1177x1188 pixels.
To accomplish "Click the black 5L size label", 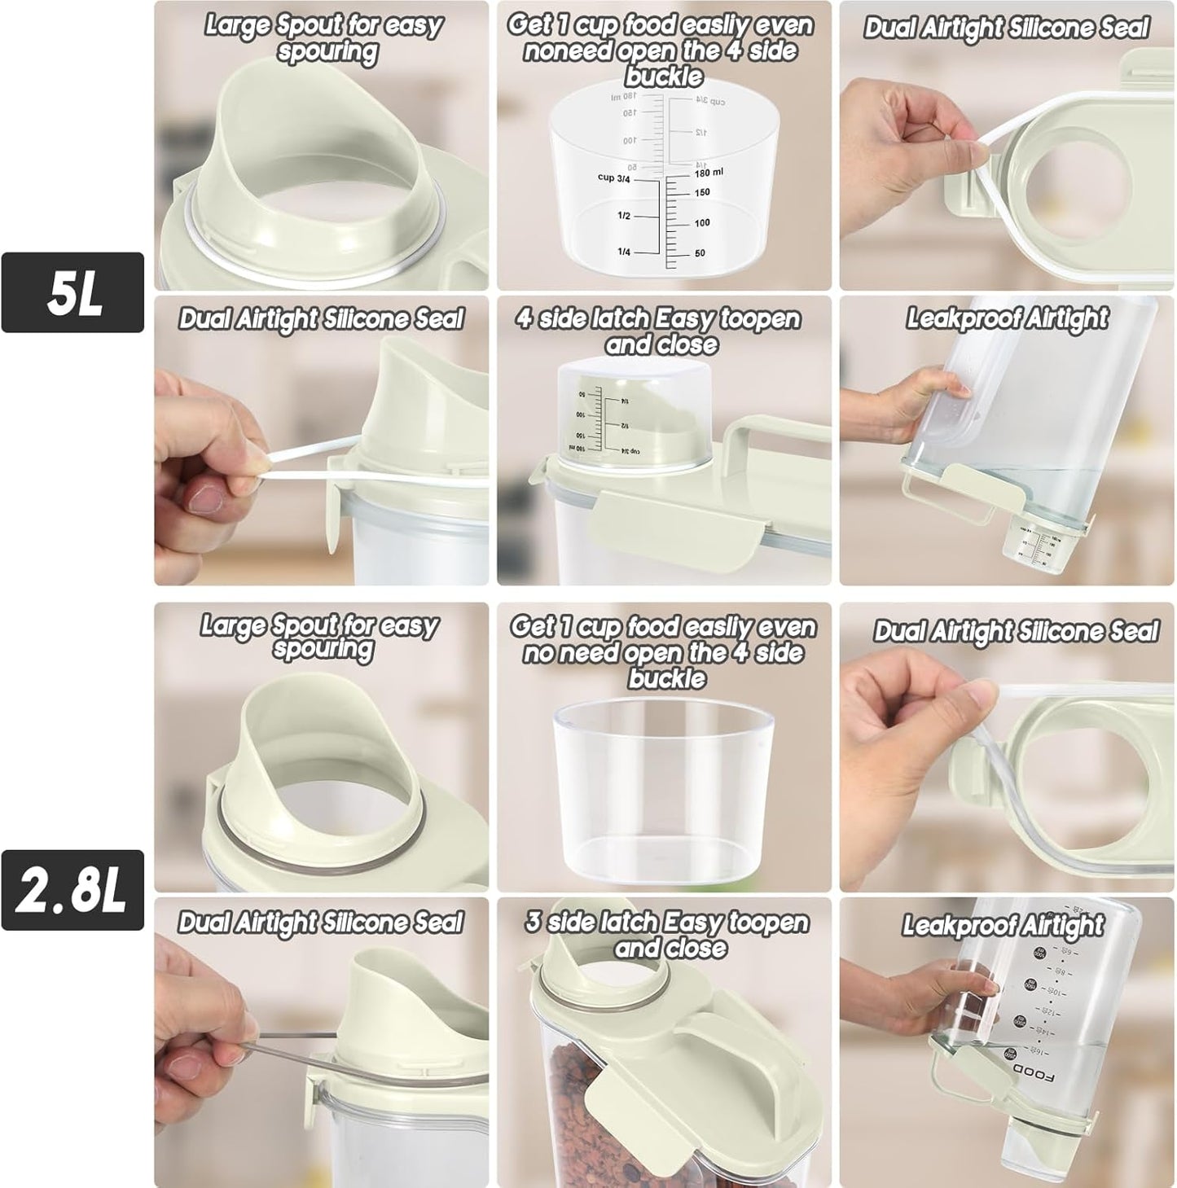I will [x=72, y=292].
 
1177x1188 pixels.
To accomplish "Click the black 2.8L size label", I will [x=72, y=890].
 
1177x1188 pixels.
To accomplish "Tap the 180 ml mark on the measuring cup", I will [x=708, y=173].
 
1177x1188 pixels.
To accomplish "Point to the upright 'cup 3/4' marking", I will [x=613, y=178].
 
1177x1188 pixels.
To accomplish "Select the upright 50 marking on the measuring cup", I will [x=700, y=253].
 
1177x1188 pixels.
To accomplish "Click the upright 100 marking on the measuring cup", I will [x=701, y=222].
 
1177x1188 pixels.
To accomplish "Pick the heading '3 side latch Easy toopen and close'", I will [x=667, y=935].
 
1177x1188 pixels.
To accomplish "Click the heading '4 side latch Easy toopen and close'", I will [x=659, y=331].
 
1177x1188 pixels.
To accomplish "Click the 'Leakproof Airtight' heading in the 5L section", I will [x=1007, y=318].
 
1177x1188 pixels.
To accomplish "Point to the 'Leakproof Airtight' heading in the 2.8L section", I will [x=1003, y=926].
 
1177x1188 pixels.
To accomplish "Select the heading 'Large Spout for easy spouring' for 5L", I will [x=323, y=37].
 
